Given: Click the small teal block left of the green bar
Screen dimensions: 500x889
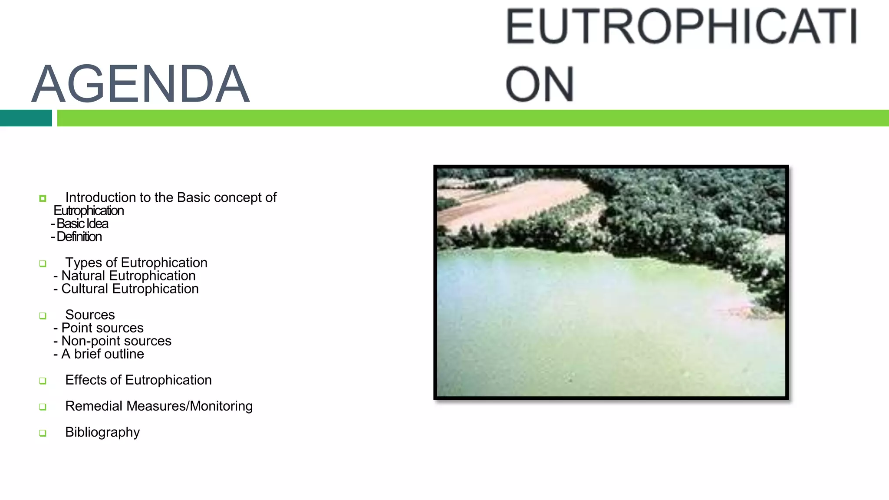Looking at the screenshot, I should (x=26, y=118).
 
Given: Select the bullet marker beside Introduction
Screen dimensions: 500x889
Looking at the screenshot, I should (x=43, y=198).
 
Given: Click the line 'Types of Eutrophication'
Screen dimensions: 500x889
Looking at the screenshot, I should (x=136, y=263).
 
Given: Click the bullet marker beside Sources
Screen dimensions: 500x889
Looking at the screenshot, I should (x=43, y=316).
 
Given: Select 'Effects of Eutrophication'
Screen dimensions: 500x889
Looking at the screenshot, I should (x=138, y=380).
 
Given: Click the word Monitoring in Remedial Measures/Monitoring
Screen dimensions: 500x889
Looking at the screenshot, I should (x=221, y=406).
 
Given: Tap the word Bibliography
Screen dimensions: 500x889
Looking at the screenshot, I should (x=102, y=432).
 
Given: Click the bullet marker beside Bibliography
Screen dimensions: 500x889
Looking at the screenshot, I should (x=43, y=433).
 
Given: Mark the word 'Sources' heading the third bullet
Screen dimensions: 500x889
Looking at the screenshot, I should (x=90, y=315).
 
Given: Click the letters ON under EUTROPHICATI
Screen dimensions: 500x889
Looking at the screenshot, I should (x=540, y=84).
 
